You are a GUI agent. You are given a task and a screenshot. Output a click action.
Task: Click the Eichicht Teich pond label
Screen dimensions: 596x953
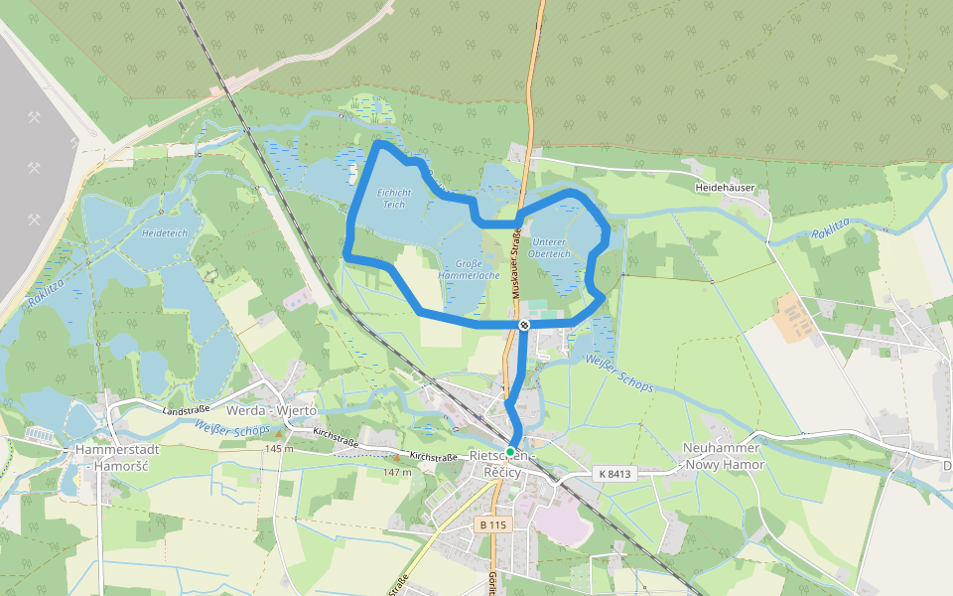click(394, 198)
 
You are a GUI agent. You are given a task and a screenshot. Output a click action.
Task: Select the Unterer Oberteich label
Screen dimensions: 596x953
click(550, 247)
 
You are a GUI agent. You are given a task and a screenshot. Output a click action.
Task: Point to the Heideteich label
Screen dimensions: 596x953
click(165, 233)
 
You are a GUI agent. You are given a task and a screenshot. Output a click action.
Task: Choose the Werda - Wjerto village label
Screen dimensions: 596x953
click(271, 410)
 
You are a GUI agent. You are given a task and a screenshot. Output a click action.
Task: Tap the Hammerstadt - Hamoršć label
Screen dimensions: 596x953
click(112, 457)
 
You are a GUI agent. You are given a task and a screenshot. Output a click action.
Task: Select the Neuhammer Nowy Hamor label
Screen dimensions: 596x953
click(724, 456)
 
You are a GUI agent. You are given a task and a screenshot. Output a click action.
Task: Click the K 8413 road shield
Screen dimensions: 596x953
click(615, 475)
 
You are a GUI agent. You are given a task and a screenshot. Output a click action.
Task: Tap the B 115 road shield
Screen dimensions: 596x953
click(493, 524)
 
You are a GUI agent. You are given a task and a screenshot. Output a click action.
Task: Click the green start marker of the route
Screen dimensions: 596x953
click(510, 452)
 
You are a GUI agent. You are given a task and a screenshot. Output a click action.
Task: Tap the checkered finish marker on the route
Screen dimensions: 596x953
click(523, 325)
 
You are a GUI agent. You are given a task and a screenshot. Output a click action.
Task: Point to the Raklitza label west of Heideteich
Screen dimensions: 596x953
click(46, 296)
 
